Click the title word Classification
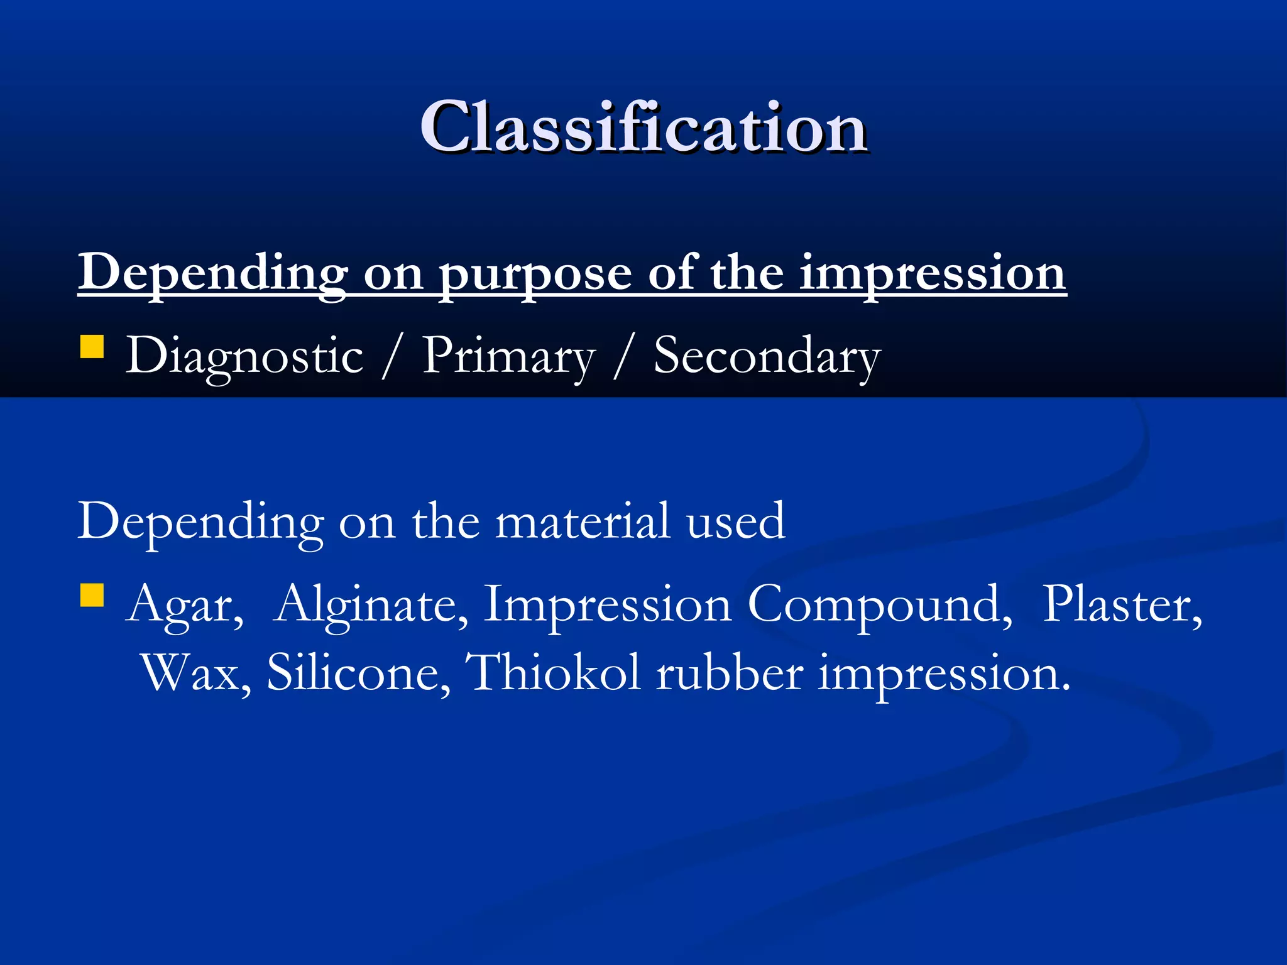coord(643,128)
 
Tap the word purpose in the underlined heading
coord(535,274)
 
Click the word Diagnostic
coord(244,356)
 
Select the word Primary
coord(508,356)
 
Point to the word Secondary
coord(767,356)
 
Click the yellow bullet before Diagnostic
coord(92,346)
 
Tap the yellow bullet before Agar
coord(92,595)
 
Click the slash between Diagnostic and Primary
coord(392,356)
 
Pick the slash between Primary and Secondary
coord(623,356)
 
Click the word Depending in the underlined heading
coord(212,274)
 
